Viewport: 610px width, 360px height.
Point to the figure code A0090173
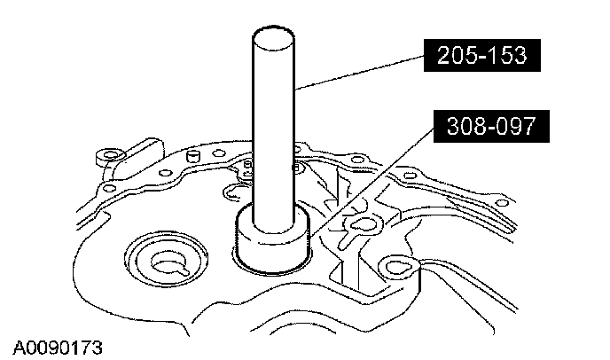[59, 345]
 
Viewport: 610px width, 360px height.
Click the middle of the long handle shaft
[274, 124]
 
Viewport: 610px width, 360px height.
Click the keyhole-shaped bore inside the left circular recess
[166, 262]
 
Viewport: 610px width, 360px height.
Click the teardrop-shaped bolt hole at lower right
[393, 267]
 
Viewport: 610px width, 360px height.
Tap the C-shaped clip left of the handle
[238, 189]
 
